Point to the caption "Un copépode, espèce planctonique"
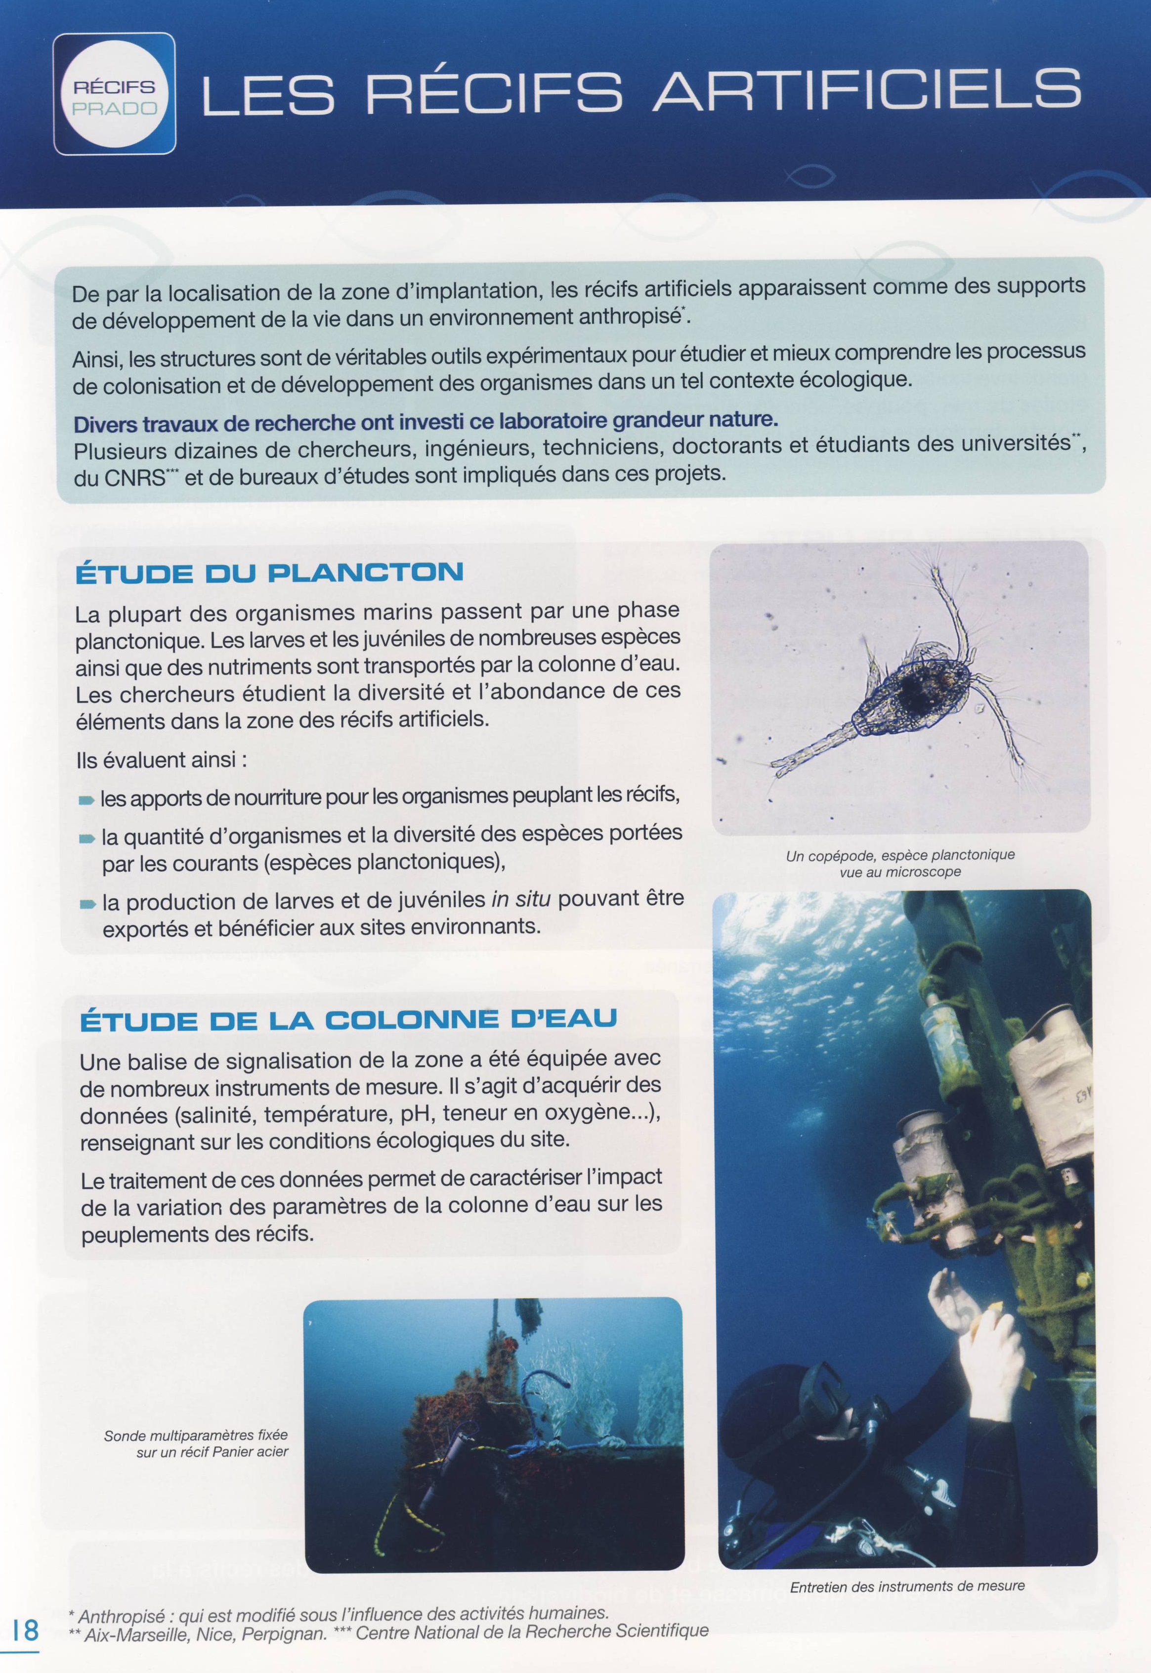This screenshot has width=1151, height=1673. point(900,856)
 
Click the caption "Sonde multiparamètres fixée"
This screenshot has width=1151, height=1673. point(195,1436)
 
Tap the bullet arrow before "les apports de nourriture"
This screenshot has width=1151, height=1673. point(86,800)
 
